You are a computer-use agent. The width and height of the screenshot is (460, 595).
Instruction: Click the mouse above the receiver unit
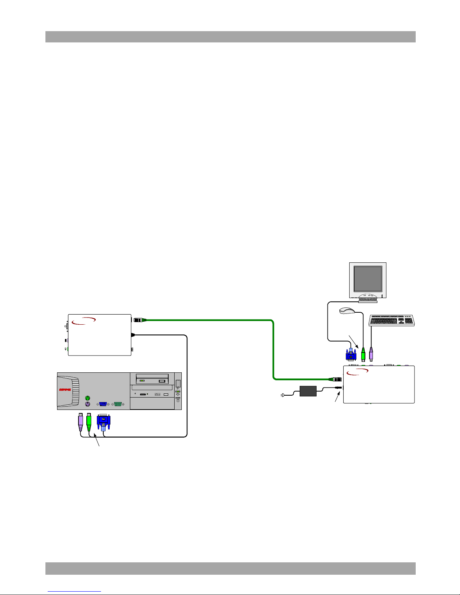pos(347,311)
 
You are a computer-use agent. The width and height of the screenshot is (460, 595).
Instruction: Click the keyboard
pos(392,320)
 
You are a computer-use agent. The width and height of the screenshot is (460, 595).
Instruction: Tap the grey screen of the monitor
pos(368,279)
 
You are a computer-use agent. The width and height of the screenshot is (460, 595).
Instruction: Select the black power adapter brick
pos(308,391)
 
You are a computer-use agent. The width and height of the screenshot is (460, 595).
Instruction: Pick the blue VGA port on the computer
pos(103,404)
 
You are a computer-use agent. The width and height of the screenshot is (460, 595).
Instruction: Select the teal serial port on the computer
pos(118,404)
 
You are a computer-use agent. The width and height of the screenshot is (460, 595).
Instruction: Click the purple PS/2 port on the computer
pos(87,404)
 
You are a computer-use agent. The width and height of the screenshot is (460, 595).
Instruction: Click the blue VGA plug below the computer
pos(103,422)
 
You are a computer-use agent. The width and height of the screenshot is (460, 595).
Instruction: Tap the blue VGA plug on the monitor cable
pos(351,355)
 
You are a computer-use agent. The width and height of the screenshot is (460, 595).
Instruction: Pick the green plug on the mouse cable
pos(363,355)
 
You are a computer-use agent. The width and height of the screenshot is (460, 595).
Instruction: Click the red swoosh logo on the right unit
pos(357,372)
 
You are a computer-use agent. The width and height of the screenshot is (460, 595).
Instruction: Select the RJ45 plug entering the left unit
pos(139,320)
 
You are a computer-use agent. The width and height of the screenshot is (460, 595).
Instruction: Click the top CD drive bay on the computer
pos(152,378)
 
